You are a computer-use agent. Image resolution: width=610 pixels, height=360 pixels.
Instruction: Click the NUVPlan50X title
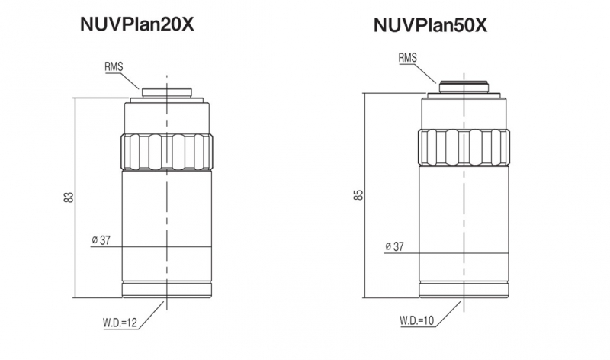tap(430, 25)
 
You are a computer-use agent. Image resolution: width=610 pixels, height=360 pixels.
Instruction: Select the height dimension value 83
tap(69, 198)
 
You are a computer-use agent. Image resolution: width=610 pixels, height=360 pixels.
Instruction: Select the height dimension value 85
tap(358, 195)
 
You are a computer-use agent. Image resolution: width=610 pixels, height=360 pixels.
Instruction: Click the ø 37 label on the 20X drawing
tap(101, 240)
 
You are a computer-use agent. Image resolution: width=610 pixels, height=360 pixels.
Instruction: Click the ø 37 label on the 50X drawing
tap(394, 246)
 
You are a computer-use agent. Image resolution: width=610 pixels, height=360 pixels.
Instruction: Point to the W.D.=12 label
tap(121, 323)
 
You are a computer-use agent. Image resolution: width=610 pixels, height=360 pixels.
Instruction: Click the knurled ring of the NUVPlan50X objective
tap(464, 147)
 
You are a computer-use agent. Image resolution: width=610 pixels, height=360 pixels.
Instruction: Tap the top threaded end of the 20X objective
tap(166, 92)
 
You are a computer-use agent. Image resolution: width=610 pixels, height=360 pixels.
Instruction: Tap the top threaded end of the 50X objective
tap(464, 86)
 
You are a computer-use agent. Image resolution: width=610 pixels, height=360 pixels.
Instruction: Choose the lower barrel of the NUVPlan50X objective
tap(464, 221)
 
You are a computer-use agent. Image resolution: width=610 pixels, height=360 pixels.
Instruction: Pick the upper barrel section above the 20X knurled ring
tap(165, 117)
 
